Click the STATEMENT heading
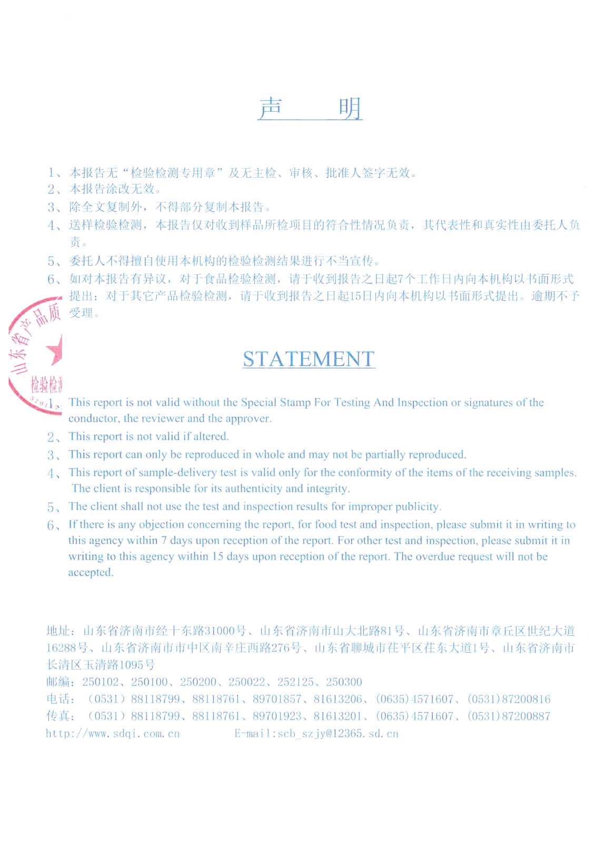click(x=309, y=359)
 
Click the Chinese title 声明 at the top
click(x=310, y=109)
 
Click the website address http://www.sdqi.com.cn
click(x=113, y=733)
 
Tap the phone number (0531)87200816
click(x=509, y=699)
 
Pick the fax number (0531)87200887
click(x=509, y=716)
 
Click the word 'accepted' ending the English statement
click(x=90, y=573)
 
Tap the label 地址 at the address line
click(x=58, y=631)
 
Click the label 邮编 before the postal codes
click(x=58, y=682)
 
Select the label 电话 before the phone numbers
click(x=58, y=699)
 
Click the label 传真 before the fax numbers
click(x=58, y=716)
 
